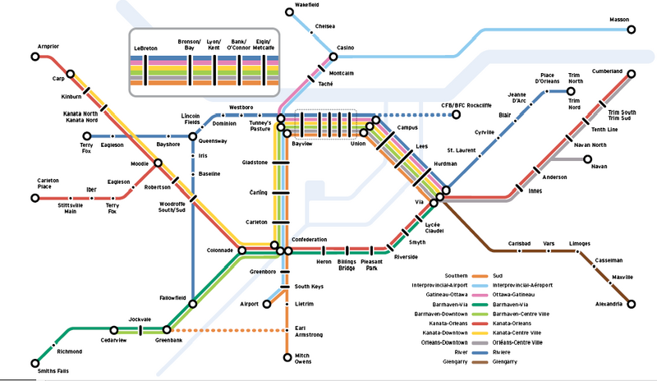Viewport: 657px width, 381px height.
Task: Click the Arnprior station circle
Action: click(x=34, y=57)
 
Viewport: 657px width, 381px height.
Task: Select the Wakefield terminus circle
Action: click(x=288, y=11)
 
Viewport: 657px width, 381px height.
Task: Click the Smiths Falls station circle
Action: click(x=34, y=362)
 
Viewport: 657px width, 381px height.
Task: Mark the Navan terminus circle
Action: click(x=587, y=159)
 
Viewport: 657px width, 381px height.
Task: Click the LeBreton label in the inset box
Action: click(x=146, y=49)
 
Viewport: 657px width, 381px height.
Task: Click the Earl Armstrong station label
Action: click(x=309, y=332)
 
